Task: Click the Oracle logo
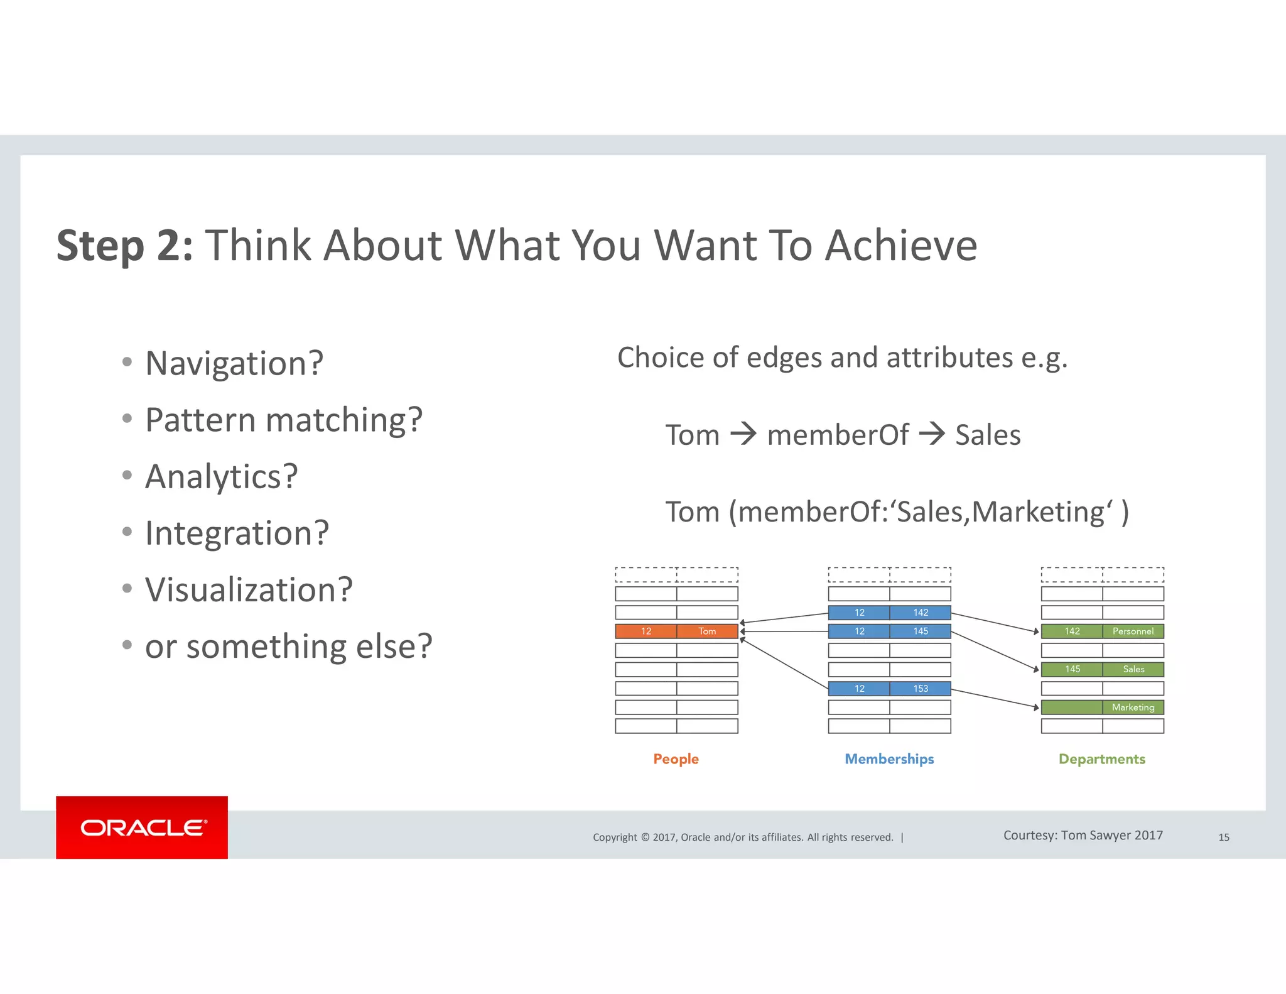coord(143,827)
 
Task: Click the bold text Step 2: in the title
coord(125,246)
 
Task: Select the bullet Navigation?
coord(234,363)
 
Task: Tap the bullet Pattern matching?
coord(283,420)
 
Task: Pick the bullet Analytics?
coord(221,476)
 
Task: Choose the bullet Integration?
coord(237,533)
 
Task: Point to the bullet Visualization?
coord(249,589)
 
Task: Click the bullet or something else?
coord(288,646)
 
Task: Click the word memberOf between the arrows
coord(838,435)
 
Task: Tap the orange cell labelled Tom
coord(707,631)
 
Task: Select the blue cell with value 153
coord(921,689)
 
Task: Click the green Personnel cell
coord(1133,631)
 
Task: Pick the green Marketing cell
coord(1133,707)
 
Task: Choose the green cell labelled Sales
coord(1133,669)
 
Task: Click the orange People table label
coord(676,759)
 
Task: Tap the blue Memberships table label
coord(889,759)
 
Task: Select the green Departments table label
coord(1101,759)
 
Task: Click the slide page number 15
coord(1224,837)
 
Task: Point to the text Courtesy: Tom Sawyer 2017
coord(1083,835)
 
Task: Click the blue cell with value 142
coord(921,613)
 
